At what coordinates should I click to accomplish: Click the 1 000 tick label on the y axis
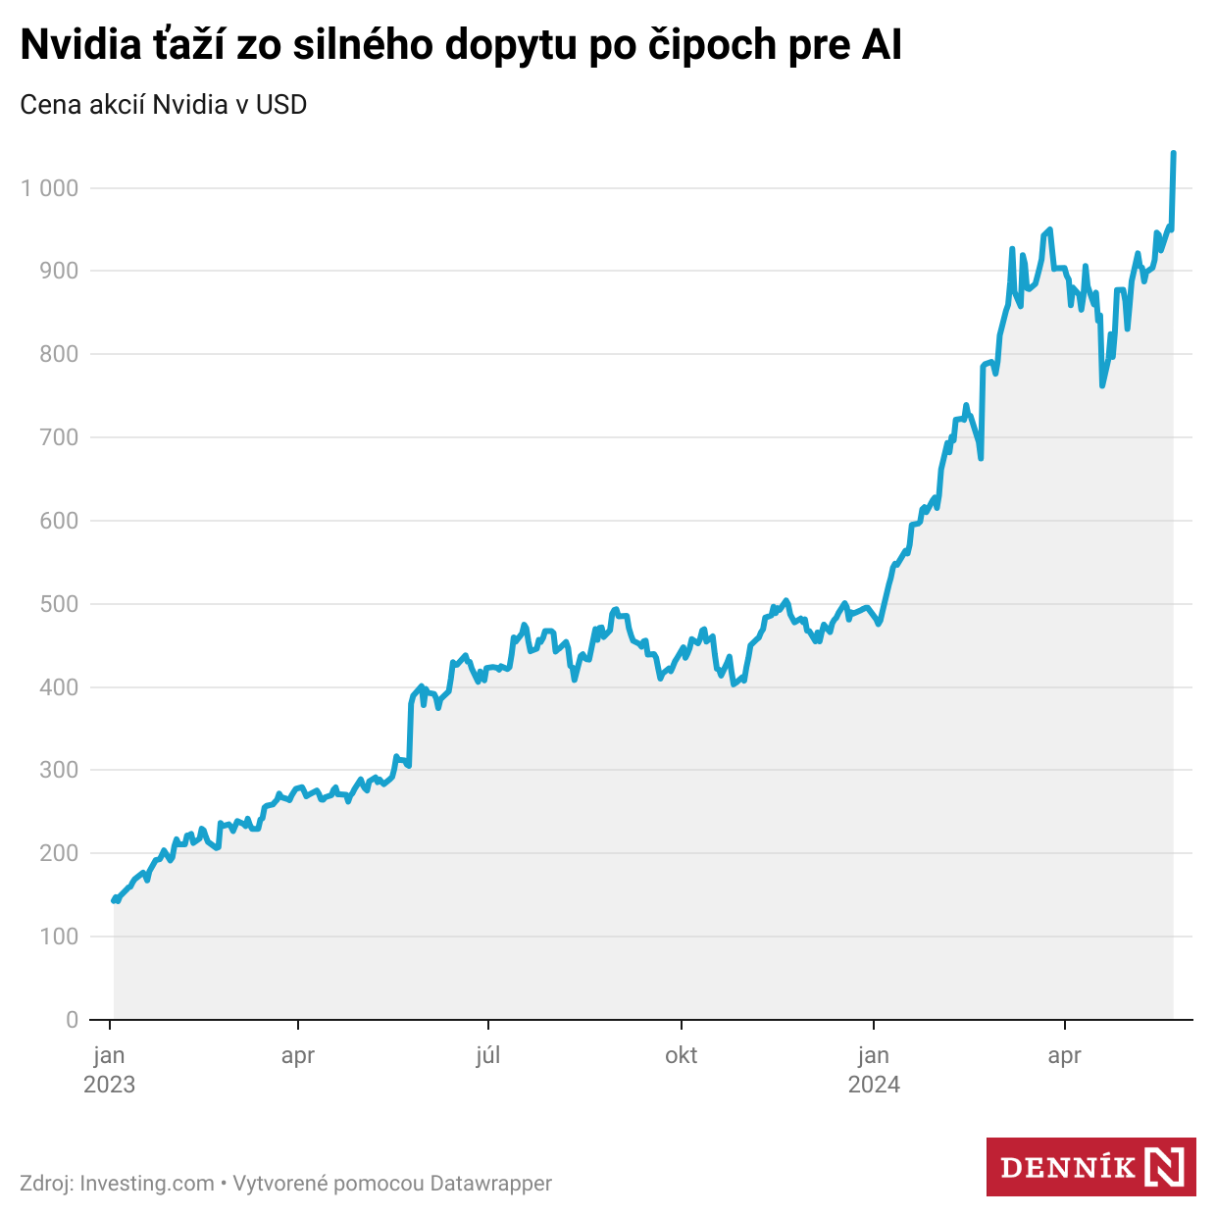(x=49, y=187)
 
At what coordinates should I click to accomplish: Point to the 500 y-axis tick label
(x=59, y=604)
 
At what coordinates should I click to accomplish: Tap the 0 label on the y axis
(x=72, y=1020)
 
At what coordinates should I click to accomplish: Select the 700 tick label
(x=59, y=437)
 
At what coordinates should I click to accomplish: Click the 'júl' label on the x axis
(x=487, y=1055)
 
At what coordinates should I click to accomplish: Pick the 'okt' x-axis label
(x=681, y=1055)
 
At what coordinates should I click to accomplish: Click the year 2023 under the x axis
(x=109, y=1085)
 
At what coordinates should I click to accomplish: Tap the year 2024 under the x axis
(x=874, y=1085)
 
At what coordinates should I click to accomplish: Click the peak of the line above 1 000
(x=1174, y=154)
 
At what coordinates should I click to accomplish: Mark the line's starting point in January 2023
(x=115, y=899)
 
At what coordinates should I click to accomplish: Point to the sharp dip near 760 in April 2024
(x=1102, y=385)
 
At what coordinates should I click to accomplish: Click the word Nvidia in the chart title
(x=81, y=45)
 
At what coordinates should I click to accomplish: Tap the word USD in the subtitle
(x=281, y=104)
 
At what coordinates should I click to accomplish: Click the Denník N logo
(x=1090, y=1167)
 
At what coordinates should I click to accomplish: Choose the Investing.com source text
(x=147, y=1184)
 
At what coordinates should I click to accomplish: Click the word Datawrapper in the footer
(x=491, y=1184)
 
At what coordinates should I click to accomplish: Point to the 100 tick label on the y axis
(x=59, y=937)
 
